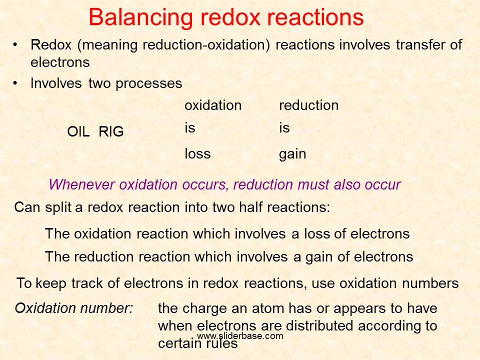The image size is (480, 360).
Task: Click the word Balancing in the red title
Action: (x=141, y=18)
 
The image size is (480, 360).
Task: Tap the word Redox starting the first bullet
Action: (x=51, y=44)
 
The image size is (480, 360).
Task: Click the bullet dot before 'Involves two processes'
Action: (x=15, y=83)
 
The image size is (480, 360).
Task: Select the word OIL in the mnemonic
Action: (x=78, y=131)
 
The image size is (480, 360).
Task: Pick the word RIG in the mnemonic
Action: (x=111, y=131)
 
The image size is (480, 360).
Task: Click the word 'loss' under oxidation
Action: (x=198, y=153)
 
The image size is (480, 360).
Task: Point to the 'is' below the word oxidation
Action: (x=190, y=128)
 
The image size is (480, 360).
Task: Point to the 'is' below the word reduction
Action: (x=284, y=128)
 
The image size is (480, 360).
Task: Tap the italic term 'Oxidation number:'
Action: (x=74, y=308)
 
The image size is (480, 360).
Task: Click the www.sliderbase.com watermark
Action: (x=240, y=336)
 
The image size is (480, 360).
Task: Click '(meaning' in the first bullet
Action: (x=107, y=45)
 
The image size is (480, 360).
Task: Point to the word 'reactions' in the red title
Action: (x=315, y=18)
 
